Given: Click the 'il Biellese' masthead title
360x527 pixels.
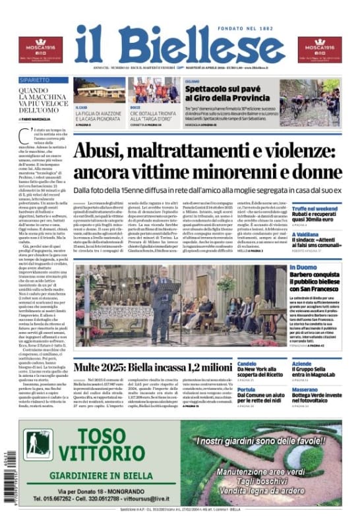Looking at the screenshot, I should click(179, 45).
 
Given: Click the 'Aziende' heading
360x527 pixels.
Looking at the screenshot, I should click(302, 362).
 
